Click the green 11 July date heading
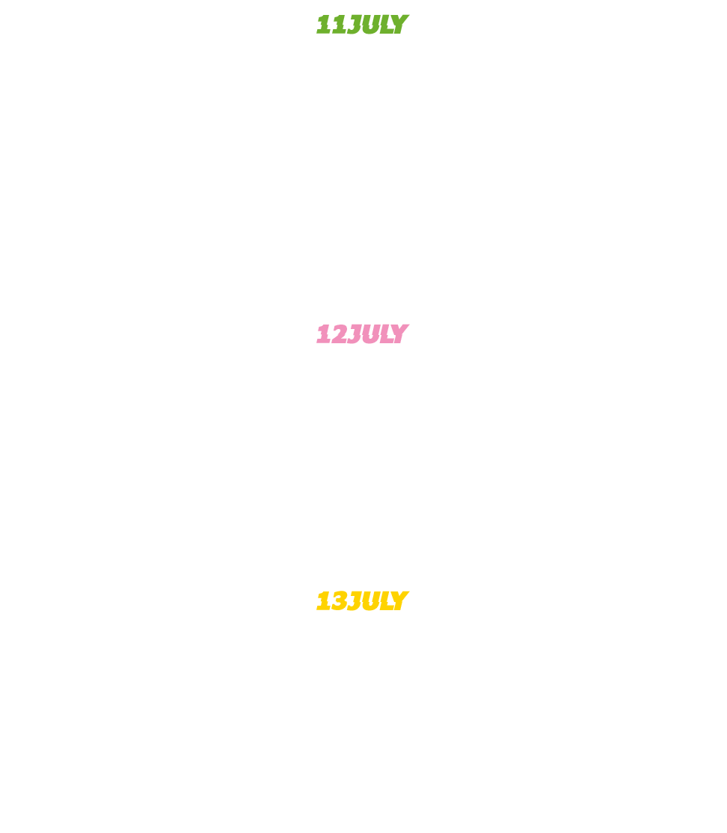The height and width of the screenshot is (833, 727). pyautogui.click(x=363, y=25)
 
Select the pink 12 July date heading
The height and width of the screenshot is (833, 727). pyautogui.click(x=363, y=333)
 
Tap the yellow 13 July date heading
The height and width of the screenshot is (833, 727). pyautogui.click(x=363, y=600)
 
